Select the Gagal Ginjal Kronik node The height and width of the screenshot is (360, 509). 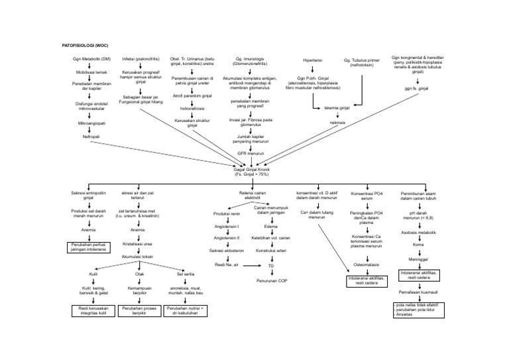click(254, 169)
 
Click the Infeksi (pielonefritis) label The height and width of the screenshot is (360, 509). click(141, 58)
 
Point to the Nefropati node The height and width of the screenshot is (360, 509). click(86, 136)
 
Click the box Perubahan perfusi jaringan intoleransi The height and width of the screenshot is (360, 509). click(88, 247)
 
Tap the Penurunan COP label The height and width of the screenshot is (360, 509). click(272, 280)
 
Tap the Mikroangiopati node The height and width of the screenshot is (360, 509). click(86, 123)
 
